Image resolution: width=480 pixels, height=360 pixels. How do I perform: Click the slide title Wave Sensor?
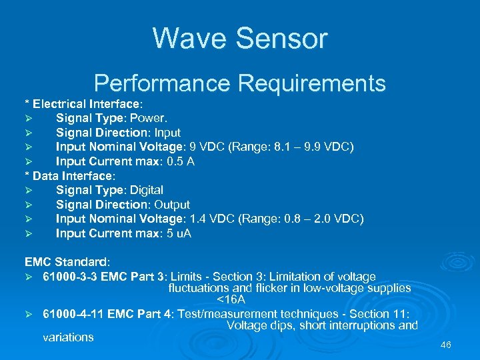pos(240,38)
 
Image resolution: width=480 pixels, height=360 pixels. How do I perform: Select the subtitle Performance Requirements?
pos(240,83)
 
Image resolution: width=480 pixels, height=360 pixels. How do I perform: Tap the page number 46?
pos(446,345)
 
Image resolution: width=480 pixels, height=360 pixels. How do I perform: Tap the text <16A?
pos(231,300)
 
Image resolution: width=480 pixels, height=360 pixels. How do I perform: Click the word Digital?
pos(145,190)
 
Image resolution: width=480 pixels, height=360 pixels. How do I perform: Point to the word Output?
pos(171,205)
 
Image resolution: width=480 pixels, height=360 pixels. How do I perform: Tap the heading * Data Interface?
pos(70,176)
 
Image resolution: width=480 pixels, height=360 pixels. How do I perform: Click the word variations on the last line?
pos(68,337)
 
